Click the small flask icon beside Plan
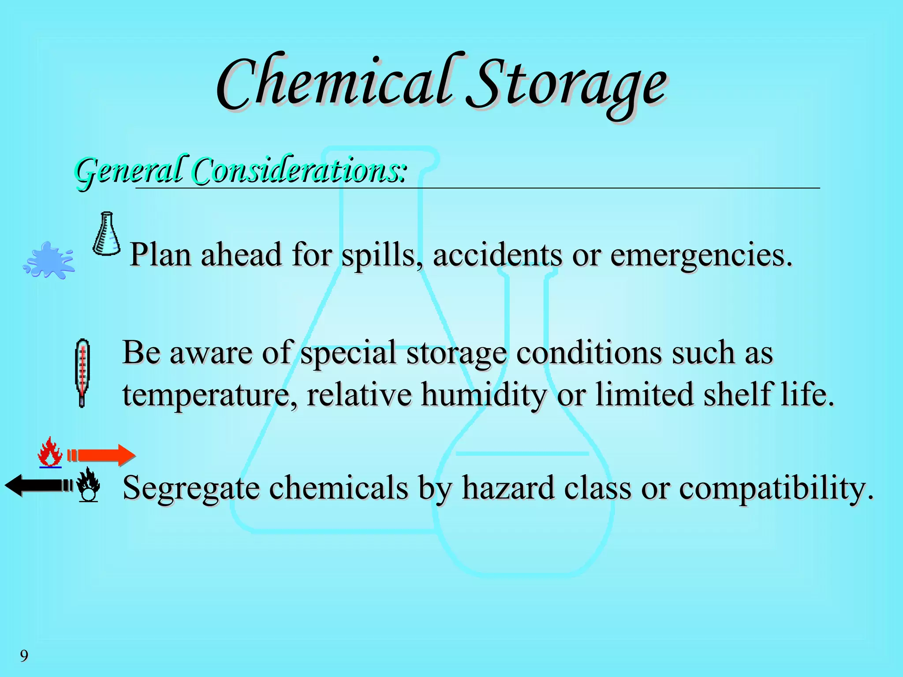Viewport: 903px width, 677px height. (x=106, y=234)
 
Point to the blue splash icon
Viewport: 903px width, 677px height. (x=49, y=260)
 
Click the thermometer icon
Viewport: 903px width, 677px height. (x=82, y=373)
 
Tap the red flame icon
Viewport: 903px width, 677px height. (x=50, y=452)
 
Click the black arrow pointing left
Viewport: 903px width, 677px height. (x=37, y=485)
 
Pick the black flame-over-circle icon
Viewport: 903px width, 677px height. (x=88, y=485)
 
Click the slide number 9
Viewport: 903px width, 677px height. (x=24, y=656)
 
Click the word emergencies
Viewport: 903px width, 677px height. (x=701, y=256)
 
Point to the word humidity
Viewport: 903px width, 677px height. (x=483, y=394)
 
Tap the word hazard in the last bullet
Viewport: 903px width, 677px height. (x=507, y=488)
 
